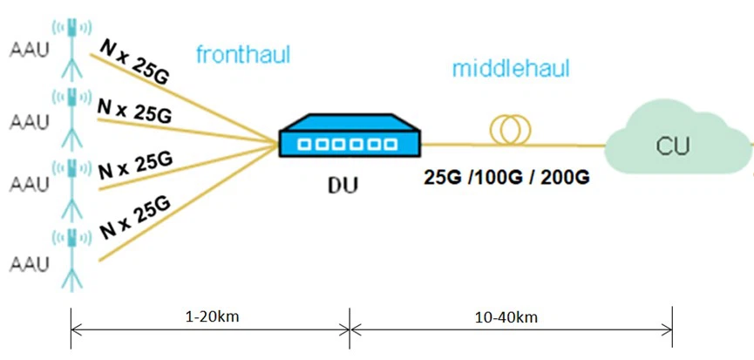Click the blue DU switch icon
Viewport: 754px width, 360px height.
pos(350,135)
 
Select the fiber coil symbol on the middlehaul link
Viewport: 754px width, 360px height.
pos(510,129)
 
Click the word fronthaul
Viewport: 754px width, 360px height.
pos(243,55)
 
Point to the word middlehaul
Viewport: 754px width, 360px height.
pos(511,69)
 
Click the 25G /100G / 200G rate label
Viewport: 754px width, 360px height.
pos(506,177)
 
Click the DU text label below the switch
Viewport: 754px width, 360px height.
pos(343,186)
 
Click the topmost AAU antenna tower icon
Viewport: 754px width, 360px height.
pos(72,48)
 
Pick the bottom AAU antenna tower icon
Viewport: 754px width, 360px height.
pos(72,259)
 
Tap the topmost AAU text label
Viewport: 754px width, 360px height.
pos(29,51)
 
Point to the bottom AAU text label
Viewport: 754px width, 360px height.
pos(29,263)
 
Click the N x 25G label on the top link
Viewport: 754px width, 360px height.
pos(134,62)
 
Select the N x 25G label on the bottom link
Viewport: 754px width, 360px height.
pos(136,218)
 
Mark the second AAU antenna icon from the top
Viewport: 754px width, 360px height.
pos(72,118)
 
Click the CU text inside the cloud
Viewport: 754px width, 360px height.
pos(673,146)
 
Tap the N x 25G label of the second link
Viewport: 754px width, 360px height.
pos(134,111)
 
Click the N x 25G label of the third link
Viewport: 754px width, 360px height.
pos(135,166)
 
